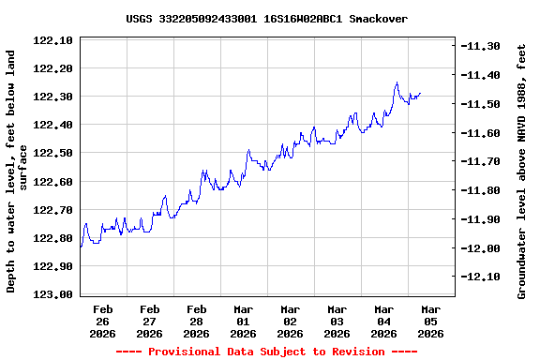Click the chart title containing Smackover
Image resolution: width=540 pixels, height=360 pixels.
[266, 19]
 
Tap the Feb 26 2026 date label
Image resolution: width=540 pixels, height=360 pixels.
[102, 321]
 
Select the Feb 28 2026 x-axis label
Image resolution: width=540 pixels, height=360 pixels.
[196, 321]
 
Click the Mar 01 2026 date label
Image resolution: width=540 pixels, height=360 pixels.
[243, 321]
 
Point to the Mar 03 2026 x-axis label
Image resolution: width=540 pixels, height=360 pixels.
[337, 321]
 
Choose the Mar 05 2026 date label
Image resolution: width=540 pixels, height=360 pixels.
[430, 321]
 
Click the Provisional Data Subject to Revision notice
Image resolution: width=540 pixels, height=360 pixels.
[266, 352]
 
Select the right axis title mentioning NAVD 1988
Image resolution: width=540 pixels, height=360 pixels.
[522, 174]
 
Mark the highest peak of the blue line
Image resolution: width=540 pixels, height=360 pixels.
[397, 82]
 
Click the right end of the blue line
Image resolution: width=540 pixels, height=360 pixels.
[421, 93]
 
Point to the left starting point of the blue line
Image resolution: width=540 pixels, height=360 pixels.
[81, 247]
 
